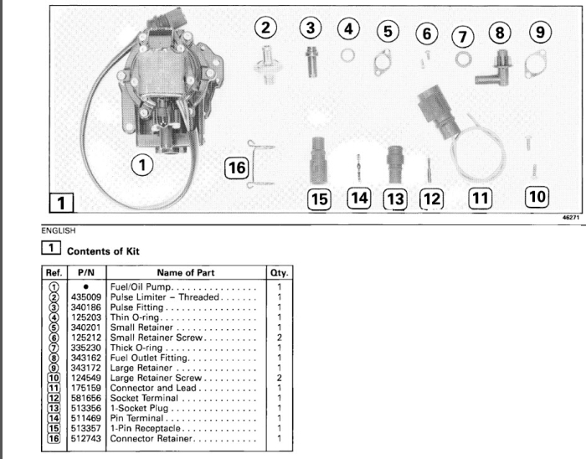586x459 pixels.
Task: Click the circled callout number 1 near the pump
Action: tap(144, 165)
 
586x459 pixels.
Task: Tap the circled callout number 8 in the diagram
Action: tap(501, 31)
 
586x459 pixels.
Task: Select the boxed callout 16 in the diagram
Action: tap(238, 168)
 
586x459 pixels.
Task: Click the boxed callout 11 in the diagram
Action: tap(480, 199)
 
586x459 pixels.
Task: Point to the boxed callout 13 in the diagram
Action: tap(394, 199)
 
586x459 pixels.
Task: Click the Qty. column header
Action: tap(279, 271)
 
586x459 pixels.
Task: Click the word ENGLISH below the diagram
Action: tap(57, 229)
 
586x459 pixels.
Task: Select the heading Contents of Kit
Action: tap(103, 250)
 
